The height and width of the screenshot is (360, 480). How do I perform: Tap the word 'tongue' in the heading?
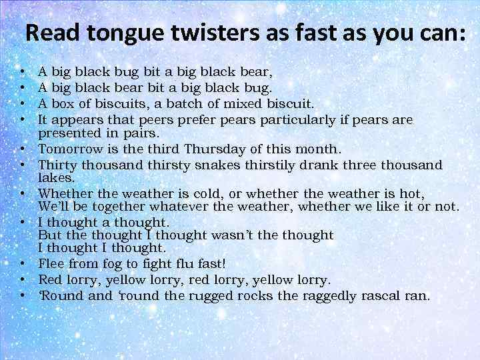tap(117, 34)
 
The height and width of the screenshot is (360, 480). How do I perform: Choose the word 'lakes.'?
tap(56, 178)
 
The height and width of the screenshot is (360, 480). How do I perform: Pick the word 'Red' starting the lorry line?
tap(51, 280)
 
